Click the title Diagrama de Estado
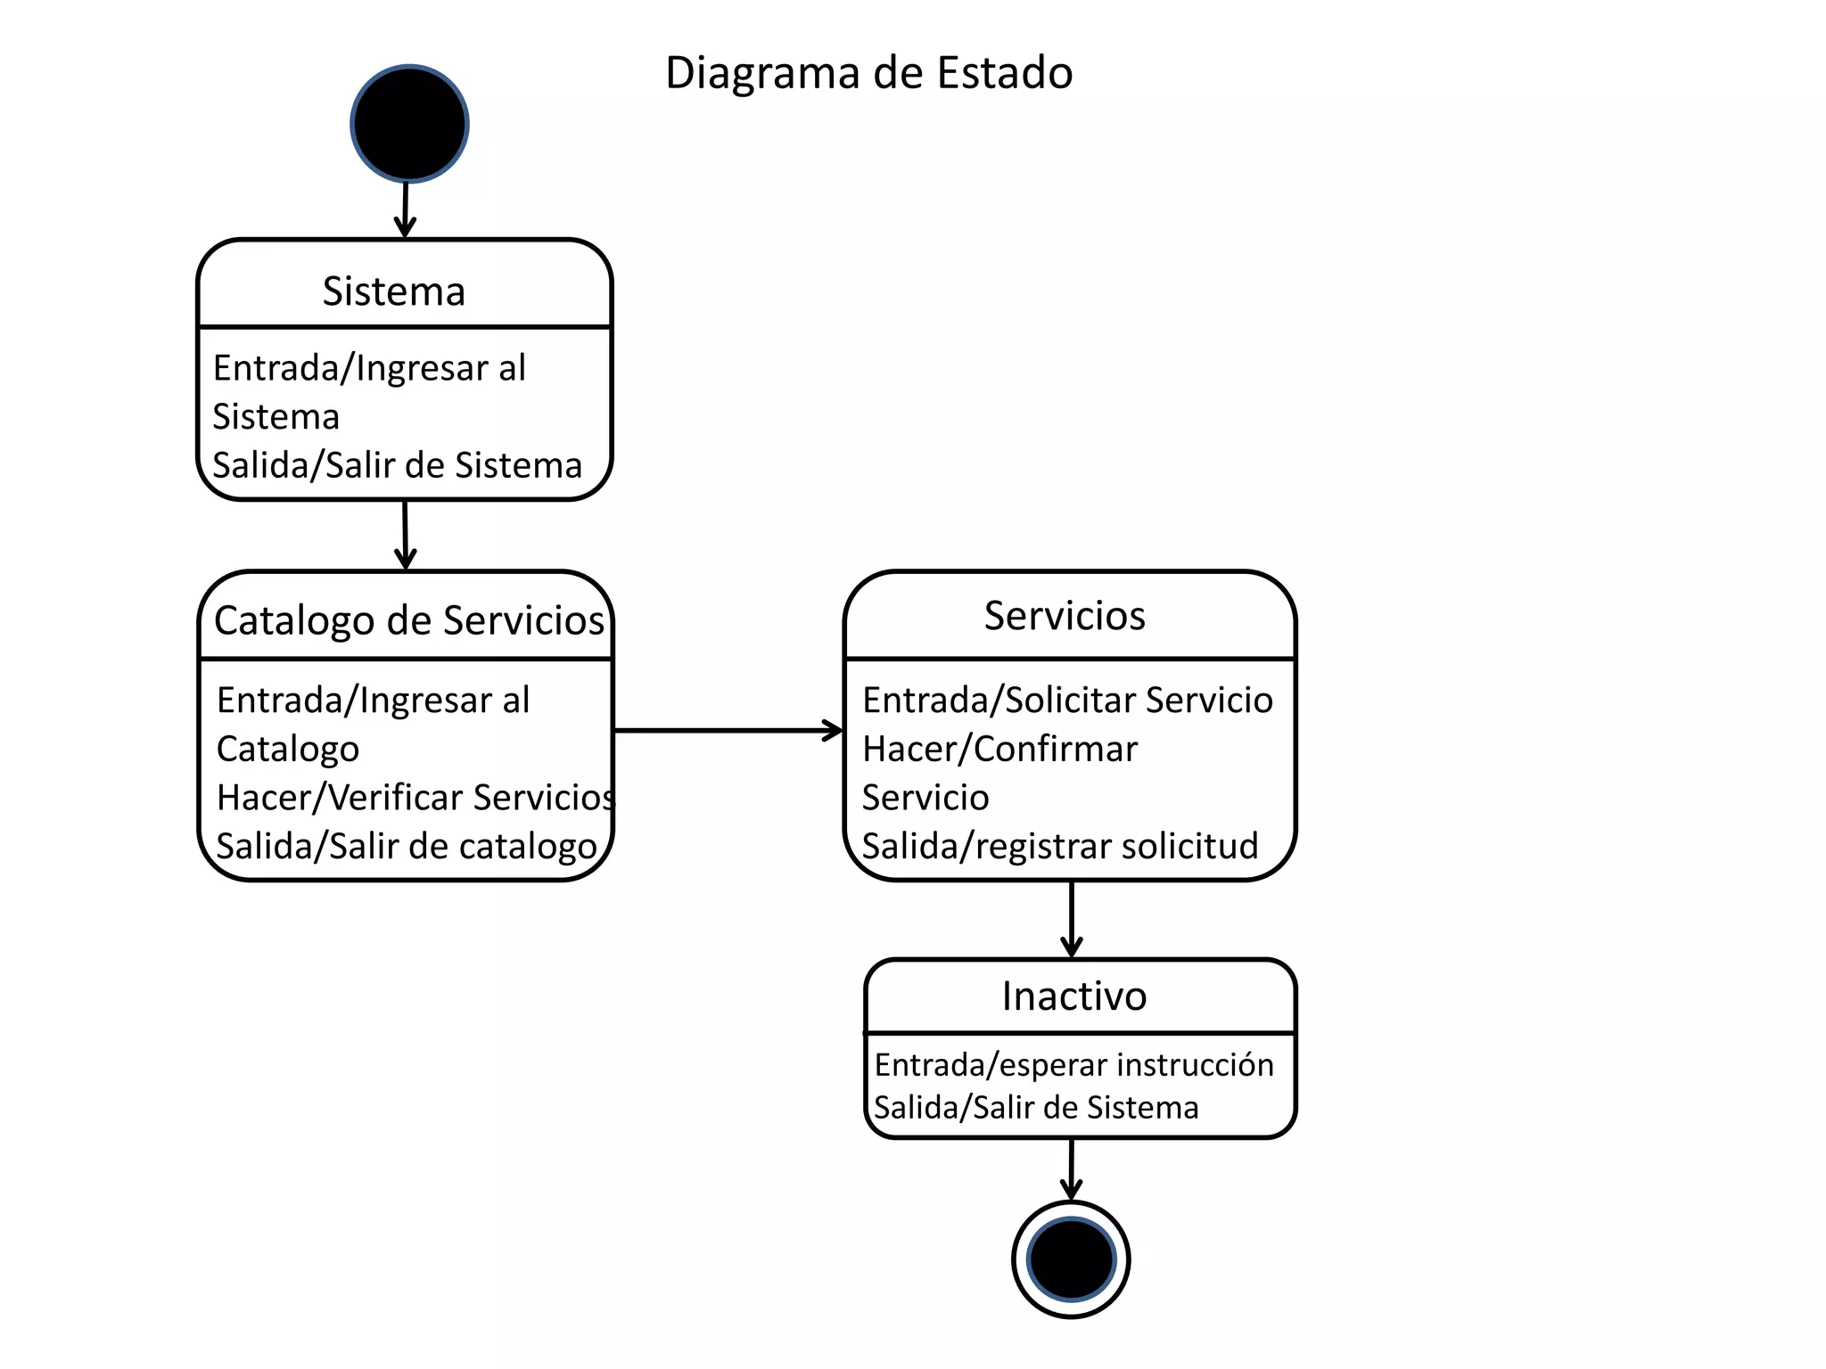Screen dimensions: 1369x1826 click(868, 73)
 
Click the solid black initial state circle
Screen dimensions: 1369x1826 click(409, 124)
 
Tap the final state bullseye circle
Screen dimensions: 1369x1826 click(1071, 1259)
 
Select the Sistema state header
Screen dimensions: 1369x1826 click(394, 291)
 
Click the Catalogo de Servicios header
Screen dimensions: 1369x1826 click(409, 620)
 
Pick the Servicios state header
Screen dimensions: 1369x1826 click(1065, 616)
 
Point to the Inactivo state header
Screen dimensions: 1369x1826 click(1074, 996)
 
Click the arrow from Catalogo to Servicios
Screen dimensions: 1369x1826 click(728, 731)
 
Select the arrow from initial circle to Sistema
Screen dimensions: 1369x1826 click(406, 209)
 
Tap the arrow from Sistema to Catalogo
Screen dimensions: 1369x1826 click(405, 535)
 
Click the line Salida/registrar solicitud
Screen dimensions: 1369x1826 click(1059, 846)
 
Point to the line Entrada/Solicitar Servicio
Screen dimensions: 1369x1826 click(1067, 701)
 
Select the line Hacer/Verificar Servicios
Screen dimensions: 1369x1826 click(415, 798)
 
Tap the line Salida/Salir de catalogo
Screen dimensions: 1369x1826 click(407, 847)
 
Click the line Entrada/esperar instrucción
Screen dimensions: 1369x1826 click(1073, 1065)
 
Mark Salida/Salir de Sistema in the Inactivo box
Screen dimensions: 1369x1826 click(1036, 1108)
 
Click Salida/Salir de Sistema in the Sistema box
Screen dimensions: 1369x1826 click(397, 466)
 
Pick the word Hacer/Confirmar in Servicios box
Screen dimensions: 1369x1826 click(999, 750)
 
